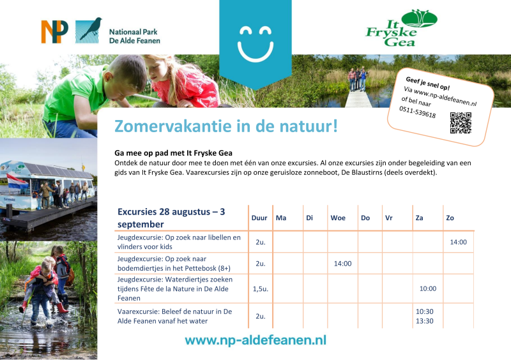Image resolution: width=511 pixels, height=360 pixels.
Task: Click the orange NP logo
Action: pos(54,32)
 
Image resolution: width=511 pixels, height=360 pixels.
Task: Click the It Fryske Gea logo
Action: pos(401,28)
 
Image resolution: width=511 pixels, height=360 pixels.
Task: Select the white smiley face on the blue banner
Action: pos(256,44)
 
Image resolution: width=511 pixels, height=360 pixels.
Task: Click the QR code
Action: pos(461,123)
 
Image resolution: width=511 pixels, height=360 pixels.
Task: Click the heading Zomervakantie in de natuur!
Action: pos(226,126)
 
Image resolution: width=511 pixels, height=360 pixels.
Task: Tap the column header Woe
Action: pos(338,218)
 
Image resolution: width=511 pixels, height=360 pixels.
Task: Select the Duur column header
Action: pos(259,218)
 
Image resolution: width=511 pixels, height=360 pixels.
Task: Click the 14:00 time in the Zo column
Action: pos(458,242)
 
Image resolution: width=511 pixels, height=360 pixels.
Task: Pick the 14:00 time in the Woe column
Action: pos(342,264)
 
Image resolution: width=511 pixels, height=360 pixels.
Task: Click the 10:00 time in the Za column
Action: pos(428,289)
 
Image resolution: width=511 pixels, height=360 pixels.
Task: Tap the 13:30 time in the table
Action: pos(425,321)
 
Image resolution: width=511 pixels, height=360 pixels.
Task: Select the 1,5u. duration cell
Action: pos(261,289)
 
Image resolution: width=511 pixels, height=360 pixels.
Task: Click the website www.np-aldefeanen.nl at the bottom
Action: pos(256,340)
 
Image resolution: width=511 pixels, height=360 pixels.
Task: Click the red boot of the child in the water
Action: pos(62,308)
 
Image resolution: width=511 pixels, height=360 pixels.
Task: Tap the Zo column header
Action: pos(450,218)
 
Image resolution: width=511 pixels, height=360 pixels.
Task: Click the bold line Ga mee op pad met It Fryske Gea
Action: pos(173,153)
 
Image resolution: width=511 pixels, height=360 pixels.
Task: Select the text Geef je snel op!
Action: pos(427,84)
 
